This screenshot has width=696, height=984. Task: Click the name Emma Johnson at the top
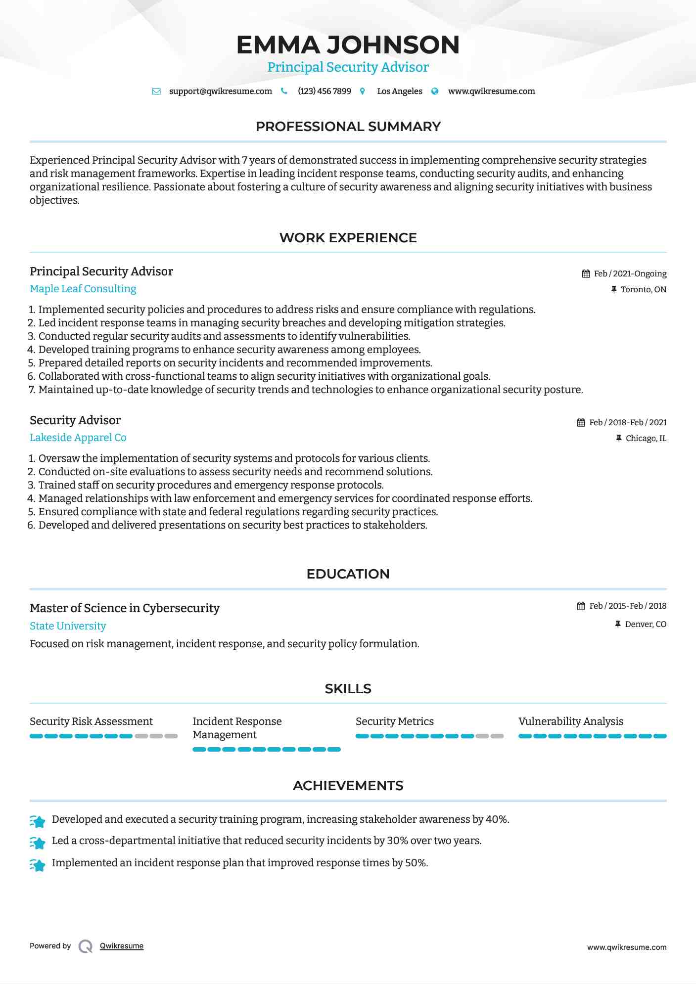(x=348, y=45)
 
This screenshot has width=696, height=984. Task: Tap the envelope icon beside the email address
(x=156, y=91)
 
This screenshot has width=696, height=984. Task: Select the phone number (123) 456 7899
(x=325, y=91)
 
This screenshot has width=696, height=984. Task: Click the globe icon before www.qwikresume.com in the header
(x=435, y=91)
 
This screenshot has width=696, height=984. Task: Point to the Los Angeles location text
(x=400, y=91)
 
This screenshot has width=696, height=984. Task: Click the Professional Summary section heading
(x=348, y=127)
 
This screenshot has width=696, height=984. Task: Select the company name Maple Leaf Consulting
(x=83, y=289)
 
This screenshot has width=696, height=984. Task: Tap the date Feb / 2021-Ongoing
(x=630, y=274)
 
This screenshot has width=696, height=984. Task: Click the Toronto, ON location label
(x=643, y=290)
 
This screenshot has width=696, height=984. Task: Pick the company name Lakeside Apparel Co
(x=78, y=438)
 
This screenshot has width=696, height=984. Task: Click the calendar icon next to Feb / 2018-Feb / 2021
(x=581, y=423)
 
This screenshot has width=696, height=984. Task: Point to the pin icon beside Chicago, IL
(x=618, y=439)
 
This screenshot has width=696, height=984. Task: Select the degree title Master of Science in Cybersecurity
(x=125, y=608)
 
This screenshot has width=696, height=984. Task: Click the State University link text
(x=68, y=626)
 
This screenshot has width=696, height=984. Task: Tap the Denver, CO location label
(x=646, y=625)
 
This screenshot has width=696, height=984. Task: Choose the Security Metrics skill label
(x=395, y=721)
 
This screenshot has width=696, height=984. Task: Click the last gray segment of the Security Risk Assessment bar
(x=171, y=736)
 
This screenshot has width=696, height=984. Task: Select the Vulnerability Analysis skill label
(x=571, y=721)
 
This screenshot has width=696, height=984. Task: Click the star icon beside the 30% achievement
(x=38, y=842)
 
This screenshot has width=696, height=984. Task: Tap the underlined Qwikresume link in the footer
(x=122, y=946)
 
